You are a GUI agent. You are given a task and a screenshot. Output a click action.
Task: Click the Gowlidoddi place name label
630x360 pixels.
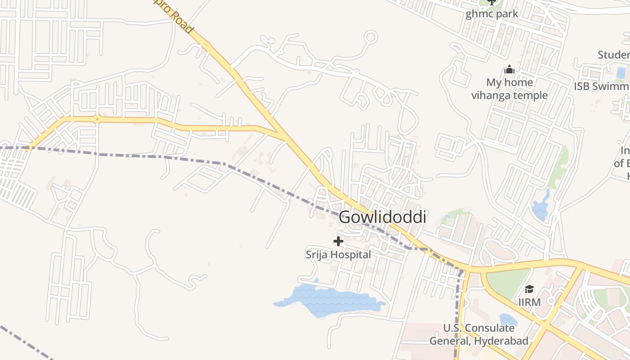(382, 217)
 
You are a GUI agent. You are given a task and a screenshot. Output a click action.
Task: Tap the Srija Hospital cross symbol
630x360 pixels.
(338, 241)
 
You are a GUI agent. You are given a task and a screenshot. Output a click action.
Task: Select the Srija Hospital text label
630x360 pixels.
(338, 255)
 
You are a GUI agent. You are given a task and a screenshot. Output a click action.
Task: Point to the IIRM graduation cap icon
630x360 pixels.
(529, 289)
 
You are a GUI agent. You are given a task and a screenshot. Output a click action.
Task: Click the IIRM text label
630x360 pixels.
(529, 302)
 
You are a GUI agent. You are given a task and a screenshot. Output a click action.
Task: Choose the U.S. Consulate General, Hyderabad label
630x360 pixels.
(479, 334)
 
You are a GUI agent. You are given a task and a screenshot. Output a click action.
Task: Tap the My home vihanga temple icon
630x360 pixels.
(509, 70)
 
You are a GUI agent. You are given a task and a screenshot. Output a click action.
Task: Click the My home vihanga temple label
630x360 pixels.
(509, 89)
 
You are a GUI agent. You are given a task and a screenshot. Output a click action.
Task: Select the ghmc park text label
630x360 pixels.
(492, 14)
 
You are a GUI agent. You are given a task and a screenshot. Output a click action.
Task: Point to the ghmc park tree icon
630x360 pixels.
(492, 2)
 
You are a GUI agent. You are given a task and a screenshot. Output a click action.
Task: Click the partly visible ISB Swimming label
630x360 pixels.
(602, 86)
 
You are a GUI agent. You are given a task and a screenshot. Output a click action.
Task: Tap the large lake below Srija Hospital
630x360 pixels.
(328, 301)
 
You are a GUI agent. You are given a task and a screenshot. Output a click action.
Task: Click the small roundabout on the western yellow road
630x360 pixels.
(97, 119)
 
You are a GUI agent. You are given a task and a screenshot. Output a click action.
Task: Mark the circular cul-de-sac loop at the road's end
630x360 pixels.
(370, 36)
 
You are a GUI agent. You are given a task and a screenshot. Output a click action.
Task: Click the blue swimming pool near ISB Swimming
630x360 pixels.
(621, 73)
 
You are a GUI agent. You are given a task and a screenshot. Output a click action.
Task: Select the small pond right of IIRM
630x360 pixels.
(508, 320)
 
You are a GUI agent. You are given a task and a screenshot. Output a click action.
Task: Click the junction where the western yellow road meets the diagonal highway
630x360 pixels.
(282, 135)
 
